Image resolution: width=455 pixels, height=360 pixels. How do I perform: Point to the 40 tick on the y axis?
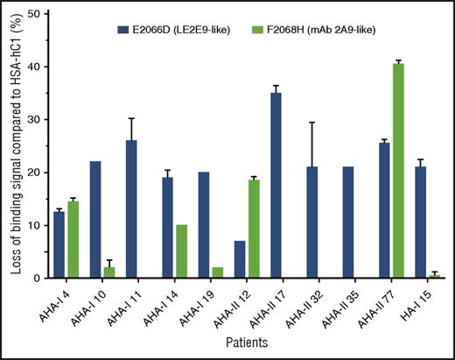(x=48, y=67)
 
